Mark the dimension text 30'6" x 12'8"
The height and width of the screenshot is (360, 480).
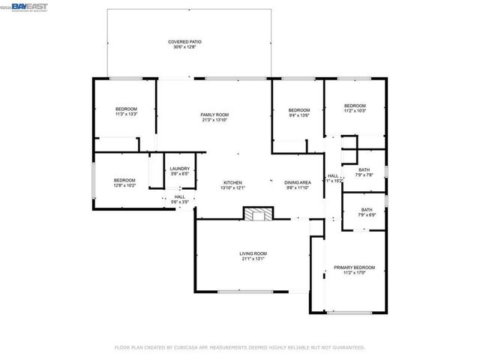click(x=184, y=48)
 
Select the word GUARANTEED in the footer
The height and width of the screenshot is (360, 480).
click(x=347, y=347)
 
